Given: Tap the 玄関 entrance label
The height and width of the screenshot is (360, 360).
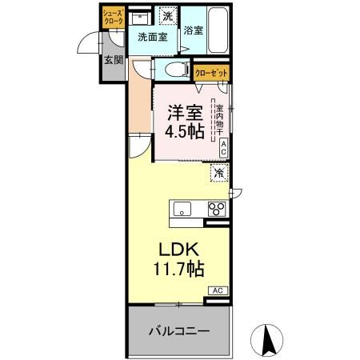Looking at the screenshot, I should [111, 60].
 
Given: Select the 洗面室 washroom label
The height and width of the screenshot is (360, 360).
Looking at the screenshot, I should [152, 37].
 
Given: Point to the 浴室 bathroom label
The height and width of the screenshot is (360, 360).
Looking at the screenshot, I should [193, 31].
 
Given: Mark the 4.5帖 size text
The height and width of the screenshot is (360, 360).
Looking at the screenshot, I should [184, 131].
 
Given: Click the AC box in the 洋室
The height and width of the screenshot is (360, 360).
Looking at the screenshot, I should [223, 147].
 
